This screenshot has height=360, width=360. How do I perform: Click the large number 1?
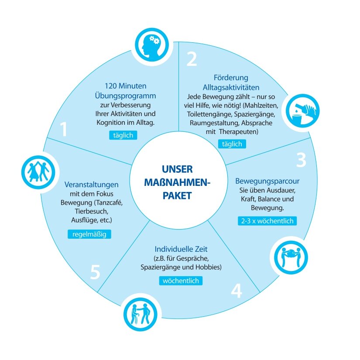pos(64,130)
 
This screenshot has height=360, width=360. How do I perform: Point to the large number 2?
pos(192,59)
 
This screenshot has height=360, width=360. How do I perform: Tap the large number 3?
pos(301,160)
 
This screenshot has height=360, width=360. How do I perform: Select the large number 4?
pos(236,291)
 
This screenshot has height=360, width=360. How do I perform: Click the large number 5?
pos(95,273)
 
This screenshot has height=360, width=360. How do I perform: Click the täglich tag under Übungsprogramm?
pos(123,135)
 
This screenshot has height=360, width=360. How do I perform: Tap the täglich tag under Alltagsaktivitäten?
pos(231,144)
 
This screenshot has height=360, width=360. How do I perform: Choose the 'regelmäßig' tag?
pos(89,234)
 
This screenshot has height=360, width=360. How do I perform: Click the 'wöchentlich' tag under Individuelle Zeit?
pos(180,281)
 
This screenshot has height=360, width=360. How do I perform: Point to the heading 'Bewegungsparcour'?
pos(267,181)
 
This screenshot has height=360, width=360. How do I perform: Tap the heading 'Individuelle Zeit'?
pos(180,250)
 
